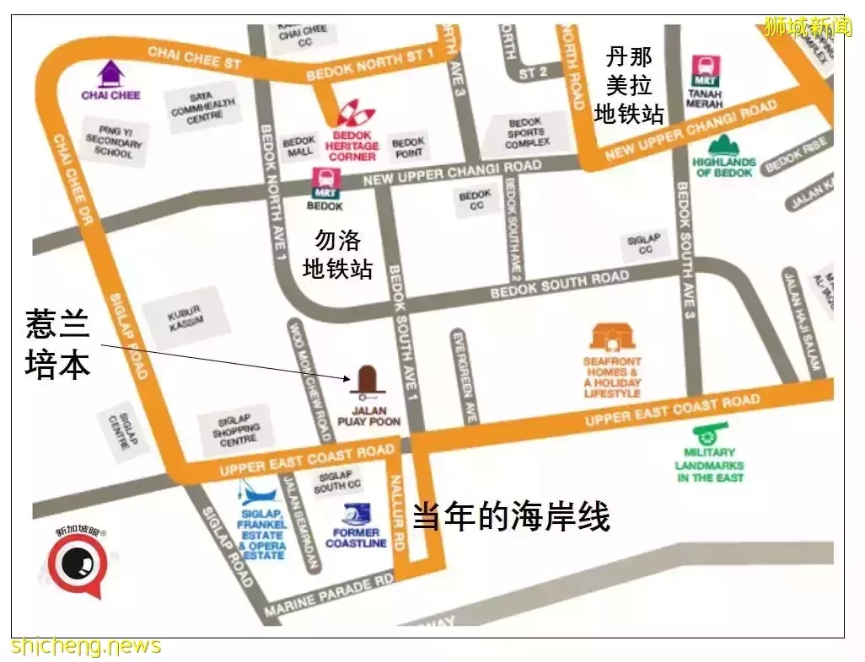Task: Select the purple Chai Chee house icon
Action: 110,74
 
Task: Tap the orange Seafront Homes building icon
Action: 612,337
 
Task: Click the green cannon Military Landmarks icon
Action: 709,435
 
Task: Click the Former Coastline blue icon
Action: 356,514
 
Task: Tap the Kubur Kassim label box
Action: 185,318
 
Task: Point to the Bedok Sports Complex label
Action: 529,132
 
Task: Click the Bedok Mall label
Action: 298,147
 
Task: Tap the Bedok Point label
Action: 407,147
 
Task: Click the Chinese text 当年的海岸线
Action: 510,516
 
